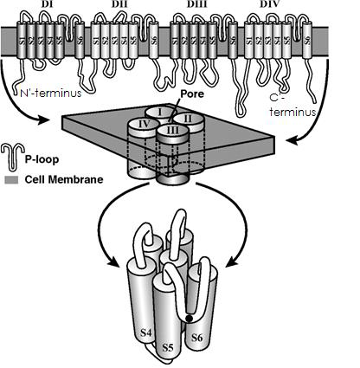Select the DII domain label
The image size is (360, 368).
coord(119,6)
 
